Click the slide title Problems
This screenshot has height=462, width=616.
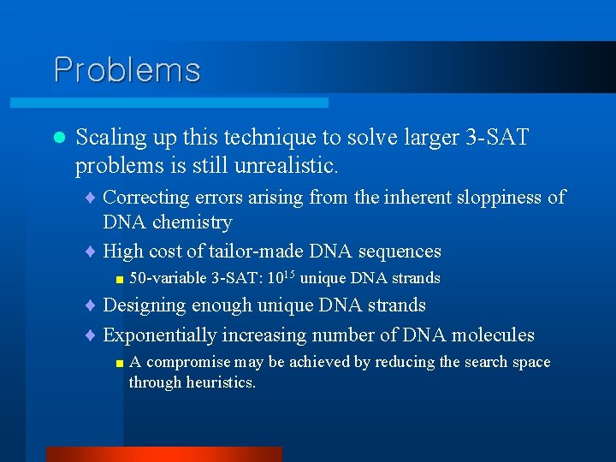point(127,69)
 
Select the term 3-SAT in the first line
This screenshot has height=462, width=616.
point(498,137)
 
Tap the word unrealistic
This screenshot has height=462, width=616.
point(287,163)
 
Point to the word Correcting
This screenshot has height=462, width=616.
point(145,198)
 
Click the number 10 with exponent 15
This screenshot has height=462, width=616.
point(281,277)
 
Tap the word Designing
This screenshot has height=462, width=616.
point(145,305)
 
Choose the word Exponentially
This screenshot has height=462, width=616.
point(161,335)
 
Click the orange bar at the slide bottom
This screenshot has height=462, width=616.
point(163,453)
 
